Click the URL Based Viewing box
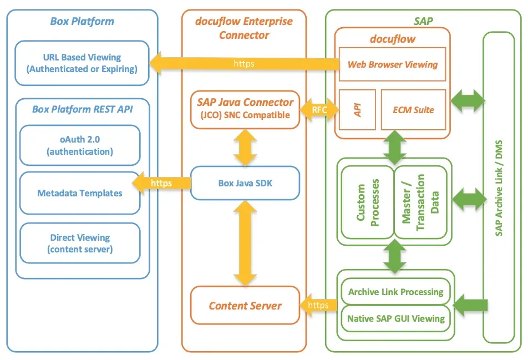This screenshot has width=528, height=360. (82, 63)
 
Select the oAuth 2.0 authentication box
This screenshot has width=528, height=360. (80, 145)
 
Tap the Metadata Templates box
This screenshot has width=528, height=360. (80, 193)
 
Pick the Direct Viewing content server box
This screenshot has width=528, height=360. (80, 243)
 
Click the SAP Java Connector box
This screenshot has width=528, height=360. (245, 108)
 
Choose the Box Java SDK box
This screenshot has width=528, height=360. (245, 182)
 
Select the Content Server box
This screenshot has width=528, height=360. (245, 305)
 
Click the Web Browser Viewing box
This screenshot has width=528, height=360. (393, 64)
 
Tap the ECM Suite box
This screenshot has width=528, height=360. (413, 110)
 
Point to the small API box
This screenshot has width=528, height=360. (358, 110)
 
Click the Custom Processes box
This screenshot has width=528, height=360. (367, 201)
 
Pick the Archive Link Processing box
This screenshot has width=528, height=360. (395, 292)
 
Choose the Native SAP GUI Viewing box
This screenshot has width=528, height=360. (395, 318)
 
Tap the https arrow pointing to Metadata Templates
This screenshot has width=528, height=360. (161, 183)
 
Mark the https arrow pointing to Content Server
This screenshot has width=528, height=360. (318, 305)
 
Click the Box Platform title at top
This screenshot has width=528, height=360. (82, 22)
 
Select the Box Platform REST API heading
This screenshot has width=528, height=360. (82, 109)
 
